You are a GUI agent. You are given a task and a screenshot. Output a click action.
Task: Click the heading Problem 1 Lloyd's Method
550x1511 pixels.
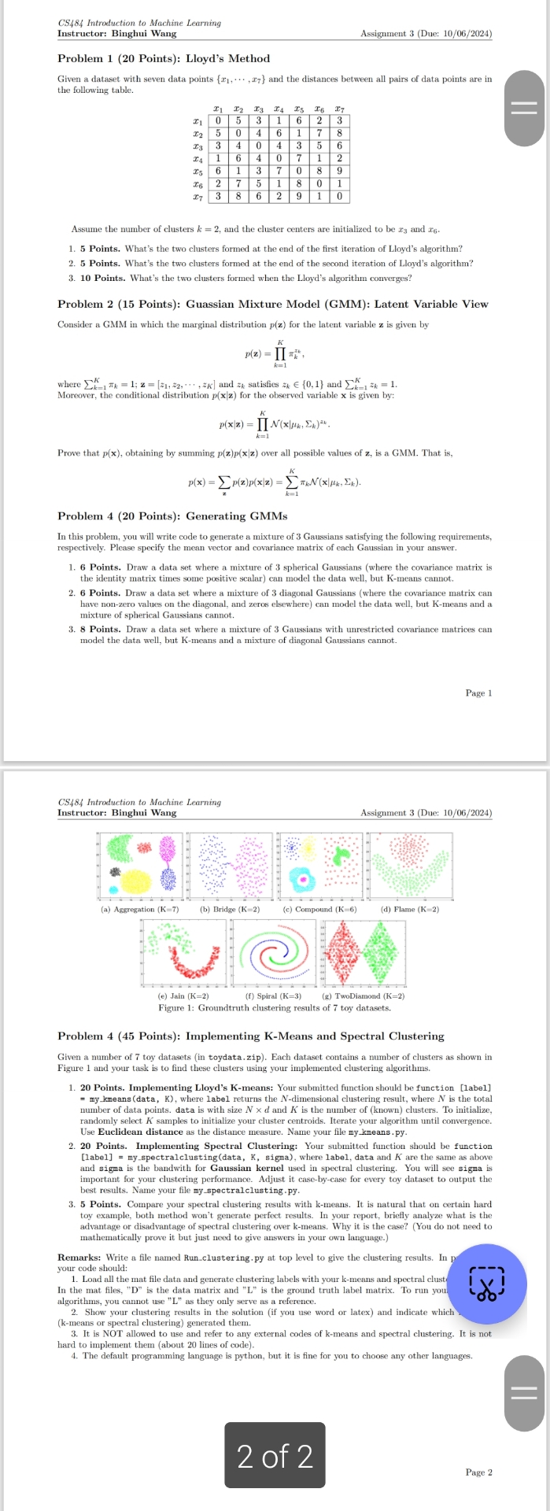pyautogui.click(x=164, y=59)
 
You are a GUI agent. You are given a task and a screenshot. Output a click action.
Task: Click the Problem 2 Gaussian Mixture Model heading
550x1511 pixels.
pyautogui.click(x=272, y=305)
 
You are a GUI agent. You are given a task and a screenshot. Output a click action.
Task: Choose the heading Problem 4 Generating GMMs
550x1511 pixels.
pyautogui.click(x=172, y=516)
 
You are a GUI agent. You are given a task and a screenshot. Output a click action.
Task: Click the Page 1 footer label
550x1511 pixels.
pyautogui.click(x=478, y=693)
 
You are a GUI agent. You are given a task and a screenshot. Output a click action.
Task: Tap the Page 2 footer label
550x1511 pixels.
pyautogui.click(x=478, y=1472)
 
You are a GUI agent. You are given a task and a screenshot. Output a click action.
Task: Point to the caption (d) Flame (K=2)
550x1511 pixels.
pyautogui.click(x=409, y=909)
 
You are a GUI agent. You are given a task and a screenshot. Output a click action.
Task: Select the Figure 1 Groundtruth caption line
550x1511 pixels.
pyautogui.click(x=274, y=1007)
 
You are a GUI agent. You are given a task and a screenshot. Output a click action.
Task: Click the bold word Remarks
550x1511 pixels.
pyautogui.click(x=79, y=1258)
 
